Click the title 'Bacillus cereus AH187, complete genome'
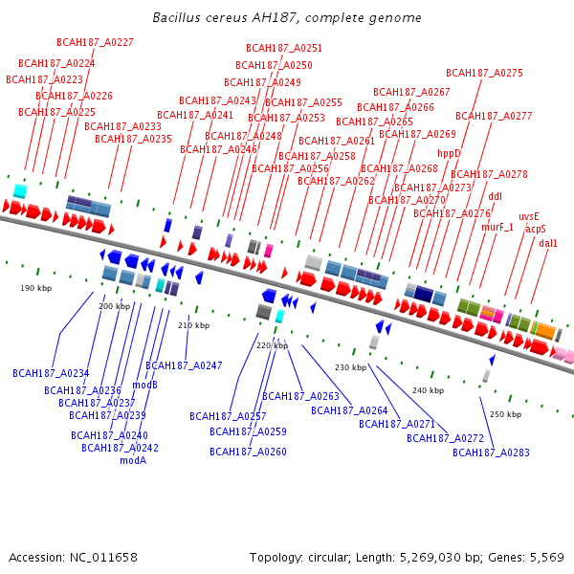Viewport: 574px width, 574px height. pyautogui.click(x=287, y=18)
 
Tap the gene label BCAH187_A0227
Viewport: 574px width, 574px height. pyautogui.click(x=95, y=42)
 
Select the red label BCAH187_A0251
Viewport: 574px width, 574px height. pyautogui.click(x=284, y=48)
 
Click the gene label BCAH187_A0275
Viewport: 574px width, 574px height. pyautogui.click(x=484, y=73)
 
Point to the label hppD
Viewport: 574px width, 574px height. pyautogui.click(x=449, y=153)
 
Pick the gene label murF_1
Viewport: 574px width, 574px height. pyautogui.click(x=497, y=228)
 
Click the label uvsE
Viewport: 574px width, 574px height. pyautogui.click(x=529, y=217)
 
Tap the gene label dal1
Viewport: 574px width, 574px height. pyautogui.click(x=548, y=244)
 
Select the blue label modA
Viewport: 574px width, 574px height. pyautogui.click(x=133, y=460)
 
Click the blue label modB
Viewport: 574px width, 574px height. pyautogui.click(x=145, y=385)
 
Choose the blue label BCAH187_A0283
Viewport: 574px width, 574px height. pyautogui.click(x=491, y=453)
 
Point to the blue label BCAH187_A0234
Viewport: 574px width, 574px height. pyautogui.click(x=51, y=373)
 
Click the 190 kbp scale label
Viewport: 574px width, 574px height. pyautogui.click(x=33, y=287)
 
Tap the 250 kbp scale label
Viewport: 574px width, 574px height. pyautogui.click(x=506, y=414)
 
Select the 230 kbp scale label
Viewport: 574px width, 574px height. pyautogui.click(x=350, y=367)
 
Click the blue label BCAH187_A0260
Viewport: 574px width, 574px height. pyautogui.click(x=249, y=452)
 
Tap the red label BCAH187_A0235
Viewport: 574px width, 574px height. pyautogui.click(x=133, y=139)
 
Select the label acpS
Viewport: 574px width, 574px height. pyautogui.click(x=536, y=230)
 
